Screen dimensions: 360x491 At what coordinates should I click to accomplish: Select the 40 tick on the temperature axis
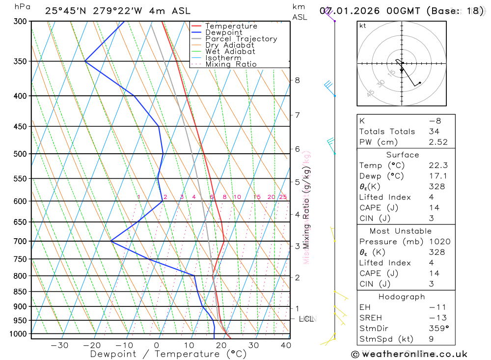[x=285, y=345]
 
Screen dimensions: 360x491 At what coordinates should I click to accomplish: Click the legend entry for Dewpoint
[x=223, y=32]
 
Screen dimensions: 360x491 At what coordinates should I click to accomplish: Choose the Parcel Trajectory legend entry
[x=241, y=39]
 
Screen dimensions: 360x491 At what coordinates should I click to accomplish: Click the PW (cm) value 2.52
[x=438, y=142]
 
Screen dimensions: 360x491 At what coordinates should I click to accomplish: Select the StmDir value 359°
[x=436, y=328]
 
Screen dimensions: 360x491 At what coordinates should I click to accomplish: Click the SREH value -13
[x=435, y=317]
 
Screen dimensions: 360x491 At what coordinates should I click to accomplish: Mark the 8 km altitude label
[x=297, y=80]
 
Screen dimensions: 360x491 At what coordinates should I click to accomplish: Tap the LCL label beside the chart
[x=306, y=319]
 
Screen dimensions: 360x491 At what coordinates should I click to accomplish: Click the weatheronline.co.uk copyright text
[x=409, y=354]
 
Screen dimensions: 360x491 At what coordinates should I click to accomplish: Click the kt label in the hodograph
[x=362, y=26]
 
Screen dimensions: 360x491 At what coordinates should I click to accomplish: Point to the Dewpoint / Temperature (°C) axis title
[x=168, y=354]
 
